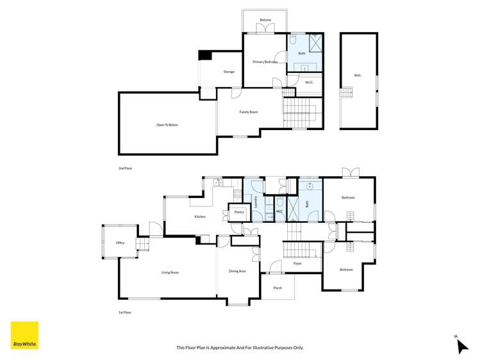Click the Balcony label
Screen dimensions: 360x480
tap(265, 20)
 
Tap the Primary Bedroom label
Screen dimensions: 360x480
tap(265, 61)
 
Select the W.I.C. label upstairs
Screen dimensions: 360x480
tap(308, 82)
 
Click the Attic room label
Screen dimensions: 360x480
tap(358, 75)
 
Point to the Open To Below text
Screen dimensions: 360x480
tap(167, 124)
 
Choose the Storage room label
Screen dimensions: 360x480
tap(229, 72)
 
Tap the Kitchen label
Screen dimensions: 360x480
tap(200, 217)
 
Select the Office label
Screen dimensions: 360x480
tap(120, 243)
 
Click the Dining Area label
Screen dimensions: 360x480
tap(238, 271)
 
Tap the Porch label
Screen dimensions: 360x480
tap(277, 288)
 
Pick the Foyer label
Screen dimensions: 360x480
tap(297, 263)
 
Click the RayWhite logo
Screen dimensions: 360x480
tap(24, 335)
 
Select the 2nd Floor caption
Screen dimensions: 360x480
tap(125, 168)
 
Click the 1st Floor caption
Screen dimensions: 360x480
tap(125, 312)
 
